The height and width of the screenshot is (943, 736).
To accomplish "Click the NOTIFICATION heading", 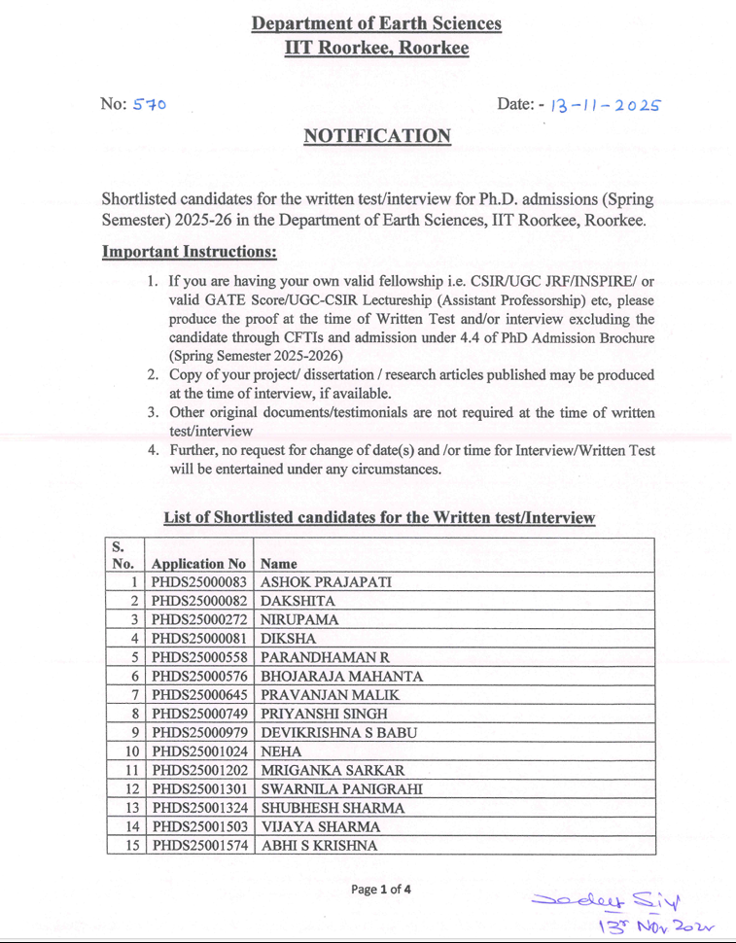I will (x=377, y=136).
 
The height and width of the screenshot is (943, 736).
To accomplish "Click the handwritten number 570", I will (x=150, y=104).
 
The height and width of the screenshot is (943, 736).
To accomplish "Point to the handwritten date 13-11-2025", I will (x=605, y=105).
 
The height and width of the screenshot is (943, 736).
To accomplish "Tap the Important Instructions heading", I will (x=190, y=253).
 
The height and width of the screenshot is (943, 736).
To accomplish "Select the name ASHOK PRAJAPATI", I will (x=326, y=582).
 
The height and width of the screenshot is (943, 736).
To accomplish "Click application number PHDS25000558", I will (x=199, y=657).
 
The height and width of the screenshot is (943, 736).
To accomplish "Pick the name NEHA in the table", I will (x=281, y=751).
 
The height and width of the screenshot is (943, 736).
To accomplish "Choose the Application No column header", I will (x=199, y=563).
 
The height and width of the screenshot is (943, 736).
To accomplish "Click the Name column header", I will (x=279, y=563).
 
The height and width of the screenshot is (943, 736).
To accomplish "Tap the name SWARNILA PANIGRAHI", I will (x=341, y=788).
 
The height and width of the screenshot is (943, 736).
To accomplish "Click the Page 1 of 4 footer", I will (x=381, y=889).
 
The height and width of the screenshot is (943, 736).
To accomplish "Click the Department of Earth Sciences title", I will (x=376, y=23).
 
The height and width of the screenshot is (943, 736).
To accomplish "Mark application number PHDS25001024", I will (x=199, y=751).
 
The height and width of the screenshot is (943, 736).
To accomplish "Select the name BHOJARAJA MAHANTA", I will (x=341, y=676).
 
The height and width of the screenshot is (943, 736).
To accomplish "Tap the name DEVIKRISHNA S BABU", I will (x=339, y=732).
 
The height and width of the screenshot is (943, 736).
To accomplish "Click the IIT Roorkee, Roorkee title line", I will (x=376, y=47).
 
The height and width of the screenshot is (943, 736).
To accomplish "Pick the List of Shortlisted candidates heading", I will (x=378, y=517).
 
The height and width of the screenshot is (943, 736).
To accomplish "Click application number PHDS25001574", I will (x=199, y=846).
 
